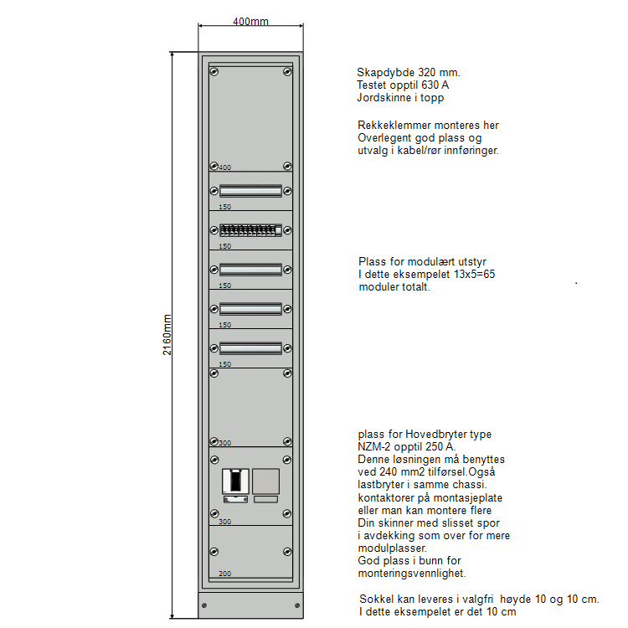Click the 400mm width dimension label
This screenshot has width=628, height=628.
(x=250, y=21)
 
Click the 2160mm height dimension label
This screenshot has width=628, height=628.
(x=167, y=335)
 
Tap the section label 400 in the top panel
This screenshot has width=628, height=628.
(x=225, y=167)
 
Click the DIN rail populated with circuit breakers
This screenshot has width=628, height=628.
(x=250, y=230)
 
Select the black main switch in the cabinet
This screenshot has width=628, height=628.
(x=235, y=481)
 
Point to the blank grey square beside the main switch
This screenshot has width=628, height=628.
(x=266, y=481)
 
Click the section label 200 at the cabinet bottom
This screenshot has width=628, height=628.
(x=225, y=574)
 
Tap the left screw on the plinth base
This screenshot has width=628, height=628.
(x=204, y=605)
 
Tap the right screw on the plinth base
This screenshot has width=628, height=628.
(x=297, y=605)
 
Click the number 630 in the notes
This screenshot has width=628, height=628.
(x=430, y=85)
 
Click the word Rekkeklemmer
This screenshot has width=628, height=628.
(x=394, y=126)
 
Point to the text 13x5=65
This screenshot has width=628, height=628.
(x=475, y=275)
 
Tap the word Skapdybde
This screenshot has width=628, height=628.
(x=386, y=73)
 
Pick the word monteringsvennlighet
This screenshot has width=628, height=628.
(x=412, y=573)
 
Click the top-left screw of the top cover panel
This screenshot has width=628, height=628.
(x=214, y=72)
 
